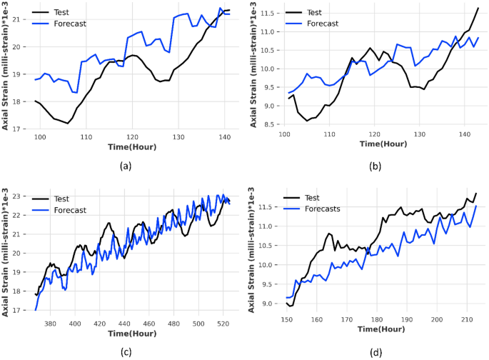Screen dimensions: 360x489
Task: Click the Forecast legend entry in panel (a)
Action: click(70, 23)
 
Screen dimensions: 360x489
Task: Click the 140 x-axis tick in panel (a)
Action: click(224, 136)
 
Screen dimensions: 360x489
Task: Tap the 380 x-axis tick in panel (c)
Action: click(50, 324)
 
